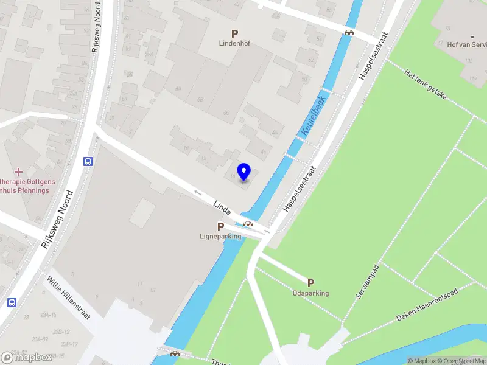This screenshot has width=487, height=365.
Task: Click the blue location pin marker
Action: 243,172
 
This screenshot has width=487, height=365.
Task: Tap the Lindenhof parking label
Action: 235,44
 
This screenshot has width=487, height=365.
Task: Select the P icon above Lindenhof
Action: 234,33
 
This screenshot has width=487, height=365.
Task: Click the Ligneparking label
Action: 220,236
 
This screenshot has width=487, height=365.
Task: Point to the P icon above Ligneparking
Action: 220,226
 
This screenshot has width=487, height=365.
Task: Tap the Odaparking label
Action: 310,293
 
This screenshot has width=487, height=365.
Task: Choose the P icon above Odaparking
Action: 310,283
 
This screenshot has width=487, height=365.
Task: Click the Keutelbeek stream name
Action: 313,114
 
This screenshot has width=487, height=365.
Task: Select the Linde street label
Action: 222,207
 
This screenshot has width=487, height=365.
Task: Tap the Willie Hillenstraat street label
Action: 69,297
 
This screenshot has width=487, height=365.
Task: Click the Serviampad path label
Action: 368,281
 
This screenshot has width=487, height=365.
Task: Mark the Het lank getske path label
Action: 426,83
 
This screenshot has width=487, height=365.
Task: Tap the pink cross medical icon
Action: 18,172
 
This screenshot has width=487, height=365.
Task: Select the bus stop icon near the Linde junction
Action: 88,162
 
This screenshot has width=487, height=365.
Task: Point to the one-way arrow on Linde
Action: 198,193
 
